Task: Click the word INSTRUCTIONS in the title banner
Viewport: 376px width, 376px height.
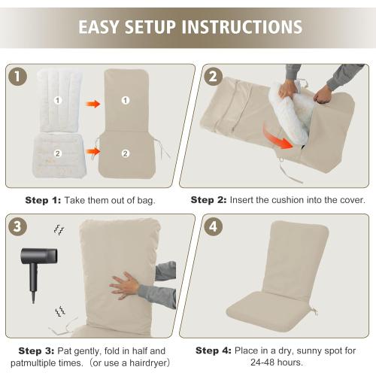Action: pyautogui.click(x=242, y=27)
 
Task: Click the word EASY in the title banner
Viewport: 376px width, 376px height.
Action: pyautogui.click(x=99, y=27)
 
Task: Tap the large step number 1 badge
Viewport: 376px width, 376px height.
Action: pyautogui.click(x=17, y=77)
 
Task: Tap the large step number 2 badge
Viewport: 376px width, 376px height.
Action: pyautogui.click(x=213, y=77)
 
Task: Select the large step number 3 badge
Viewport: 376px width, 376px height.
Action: pyautogui.click(x=17, y=226)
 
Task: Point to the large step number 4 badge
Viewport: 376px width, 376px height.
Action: pyautogui.click(x=213, y=226)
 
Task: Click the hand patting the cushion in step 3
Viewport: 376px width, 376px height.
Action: pyautogui.click(x=125, y=286)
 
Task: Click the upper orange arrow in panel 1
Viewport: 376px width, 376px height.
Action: pyautogui.click(x=93, y=104)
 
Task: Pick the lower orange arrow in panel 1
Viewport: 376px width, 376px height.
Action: pyautogui.click(x=93, y=151)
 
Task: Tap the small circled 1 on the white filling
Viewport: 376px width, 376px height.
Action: pyautogui.click(x=58, y=101)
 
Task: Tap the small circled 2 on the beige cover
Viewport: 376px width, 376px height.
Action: pyautogui.click(x=126, y=153)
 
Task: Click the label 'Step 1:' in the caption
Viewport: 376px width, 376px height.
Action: pyautogui.click(x=43, y=200)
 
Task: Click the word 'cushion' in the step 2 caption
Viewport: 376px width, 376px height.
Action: pyautogui.click(x=288, y=200)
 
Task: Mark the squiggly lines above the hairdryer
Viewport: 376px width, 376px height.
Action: pyautogui.click(x=59, y=230)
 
